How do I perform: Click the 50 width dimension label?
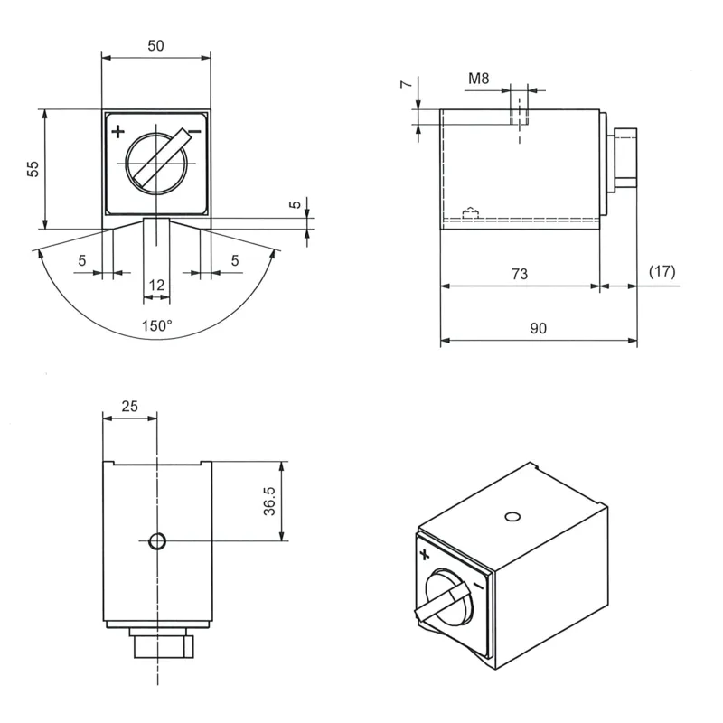[x=155, y=46]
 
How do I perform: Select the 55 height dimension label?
[x=33, y=169]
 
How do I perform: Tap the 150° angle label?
[x=156, y=326]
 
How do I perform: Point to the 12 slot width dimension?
[x=156, y=285]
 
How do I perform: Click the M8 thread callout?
[x=479, y=79]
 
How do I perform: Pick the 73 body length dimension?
[x=519, y=274]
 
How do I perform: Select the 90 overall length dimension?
[x=538, y=328]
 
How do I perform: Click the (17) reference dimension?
[x=662, y=271]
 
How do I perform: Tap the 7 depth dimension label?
[x=406, y=84]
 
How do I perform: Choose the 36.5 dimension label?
[x=269, y=501]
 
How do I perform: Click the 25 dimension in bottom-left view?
[x=129, y=406]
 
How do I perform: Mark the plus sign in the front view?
[x=118, y=132]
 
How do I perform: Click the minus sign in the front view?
[x=195, y=132]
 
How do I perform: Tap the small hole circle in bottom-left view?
[x=157, y=540]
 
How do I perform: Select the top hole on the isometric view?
[x=512, y=516]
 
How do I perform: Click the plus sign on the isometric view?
[x=425, y=554]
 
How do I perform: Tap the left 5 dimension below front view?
[x=82, y=260]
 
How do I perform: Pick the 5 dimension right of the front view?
[x=296, y=204]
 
